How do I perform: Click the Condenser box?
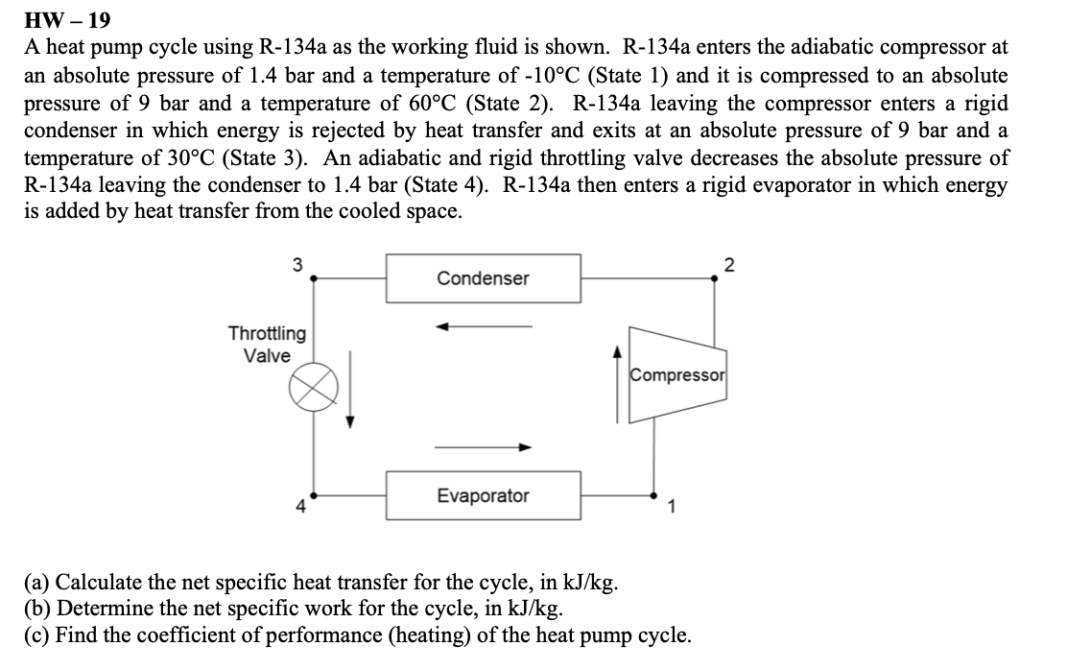pyautogui.click(x=483, y=278)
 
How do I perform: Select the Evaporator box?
pyautogui.click(x=483, y=495)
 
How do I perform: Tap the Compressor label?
pyautogui.click(x=678, y=374)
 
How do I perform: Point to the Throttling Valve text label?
pyautogui.click(x=267, y=345)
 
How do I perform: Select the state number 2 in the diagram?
pyautogui.click(x=728, y=266)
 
